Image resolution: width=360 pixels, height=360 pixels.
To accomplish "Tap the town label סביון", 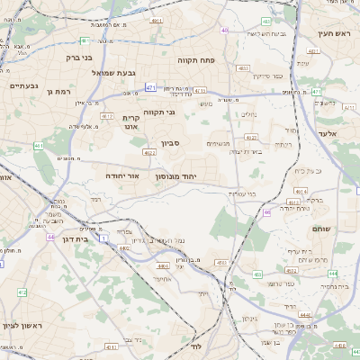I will point(172,142).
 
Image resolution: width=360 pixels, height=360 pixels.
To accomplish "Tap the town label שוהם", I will point(320,229).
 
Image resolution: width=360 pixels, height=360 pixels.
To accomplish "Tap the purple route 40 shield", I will point(266,212).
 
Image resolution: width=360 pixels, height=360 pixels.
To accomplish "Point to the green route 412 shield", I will point(21,292).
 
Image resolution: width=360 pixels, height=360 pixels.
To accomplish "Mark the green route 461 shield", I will point(38,145).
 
